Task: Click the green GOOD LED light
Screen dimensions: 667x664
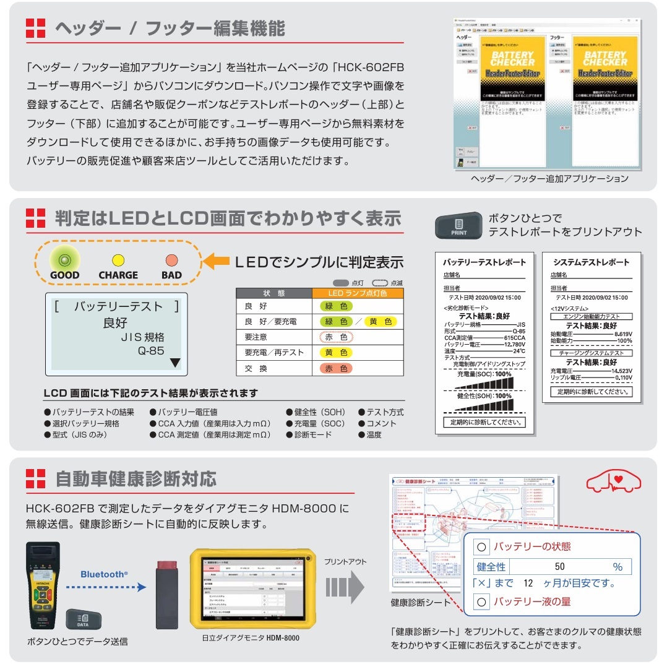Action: point(64,260)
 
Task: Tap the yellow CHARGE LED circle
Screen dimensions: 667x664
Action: point(118,261)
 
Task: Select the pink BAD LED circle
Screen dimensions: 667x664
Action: point(171,261)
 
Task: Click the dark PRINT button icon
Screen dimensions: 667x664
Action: point(459,226)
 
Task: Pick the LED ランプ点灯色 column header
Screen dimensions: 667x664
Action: point(358,293)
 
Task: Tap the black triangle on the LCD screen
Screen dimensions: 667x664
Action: point(175,363)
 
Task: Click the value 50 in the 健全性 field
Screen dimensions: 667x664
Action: point(559,566)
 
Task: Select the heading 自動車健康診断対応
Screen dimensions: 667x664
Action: point(136,478)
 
